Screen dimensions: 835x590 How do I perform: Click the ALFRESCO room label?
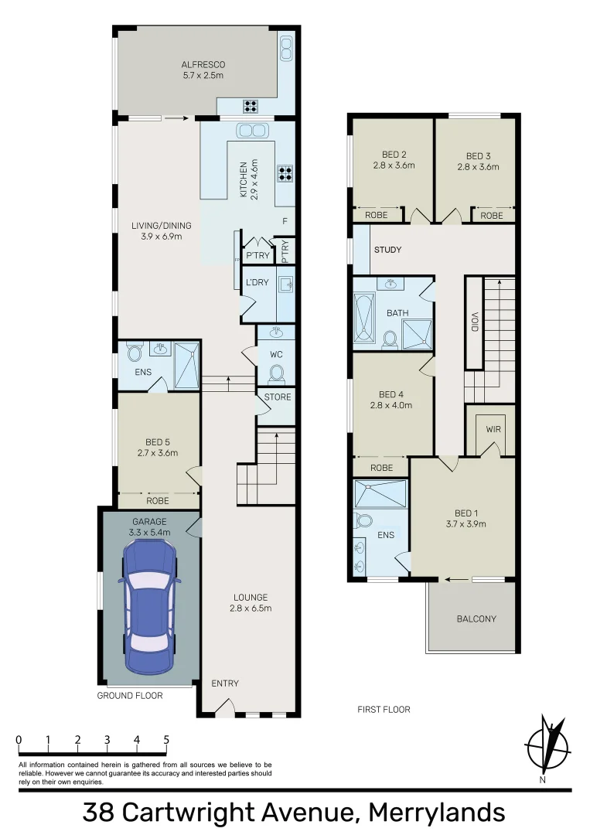point(203,65)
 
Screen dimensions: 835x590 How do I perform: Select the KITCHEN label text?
point(243,179)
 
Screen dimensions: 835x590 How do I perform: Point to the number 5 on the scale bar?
point(166,739)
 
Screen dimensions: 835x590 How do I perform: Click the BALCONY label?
point(476,619)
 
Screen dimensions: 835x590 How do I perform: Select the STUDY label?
point(387,250)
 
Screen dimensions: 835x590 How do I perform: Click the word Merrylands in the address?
point(436,813)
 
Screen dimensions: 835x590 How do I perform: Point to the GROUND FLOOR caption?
point(130,696)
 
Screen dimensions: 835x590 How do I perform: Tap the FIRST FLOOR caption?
point(384,709)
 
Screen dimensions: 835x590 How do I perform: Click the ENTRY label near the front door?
point(225,683)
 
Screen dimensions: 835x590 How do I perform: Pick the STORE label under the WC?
point(278,397)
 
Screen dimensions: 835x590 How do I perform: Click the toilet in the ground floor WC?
point(276,374)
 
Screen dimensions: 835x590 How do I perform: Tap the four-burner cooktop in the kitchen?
point(284,173)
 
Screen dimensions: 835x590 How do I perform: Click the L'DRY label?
point(257,282)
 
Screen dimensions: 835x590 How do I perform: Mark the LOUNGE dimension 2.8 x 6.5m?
point(251,608)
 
